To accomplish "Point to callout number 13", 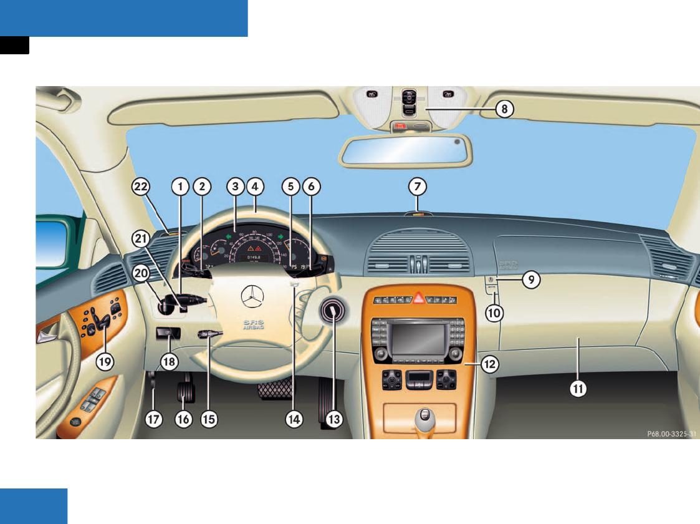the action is [x=334, y=419].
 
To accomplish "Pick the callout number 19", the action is [x=104, y=360].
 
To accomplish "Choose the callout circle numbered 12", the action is [x=490, y=366].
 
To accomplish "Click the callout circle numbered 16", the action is [x=183, y=419].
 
